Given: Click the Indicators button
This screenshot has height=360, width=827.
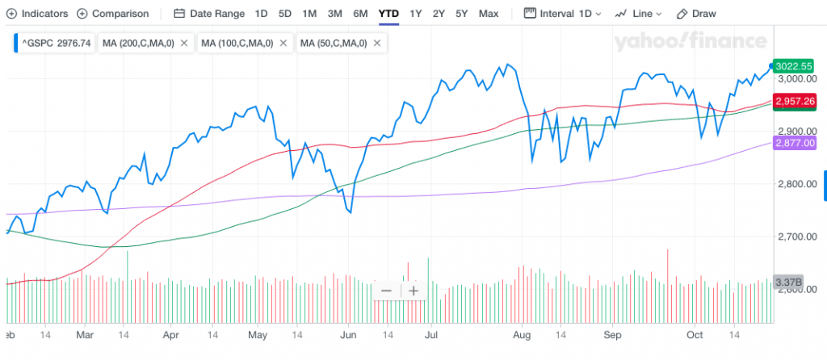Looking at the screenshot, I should (x=36, y=14).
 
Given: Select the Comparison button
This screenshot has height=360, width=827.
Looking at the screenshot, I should (x=112, y=14).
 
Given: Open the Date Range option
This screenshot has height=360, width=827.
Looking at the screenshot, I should (x=209, y=14).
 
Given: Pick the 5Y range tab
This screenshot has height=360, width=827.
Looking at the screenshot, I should (x=461, y=14).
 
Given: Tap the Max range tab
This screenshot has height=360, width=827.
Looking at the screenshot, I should (x=488, y=14).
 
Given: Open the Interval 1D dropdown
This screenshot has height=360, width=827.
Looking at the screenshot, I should (x=564, y=14).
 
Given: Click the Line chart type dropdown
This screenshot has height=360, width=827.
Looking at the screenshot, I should (x=638, y=14).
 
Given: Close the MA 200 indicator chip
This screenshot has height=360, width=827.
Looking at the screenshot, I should (x=184, y=43).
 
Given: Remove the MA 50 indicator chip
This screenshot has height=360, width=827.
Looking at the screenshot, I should (x=376, y=43).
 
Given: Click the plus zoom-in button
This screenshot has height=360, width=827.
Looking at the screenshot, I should (x=413, y=291).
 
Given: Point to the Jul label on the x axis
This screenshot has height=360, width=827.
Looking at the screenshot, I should (x=431, y=333).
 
